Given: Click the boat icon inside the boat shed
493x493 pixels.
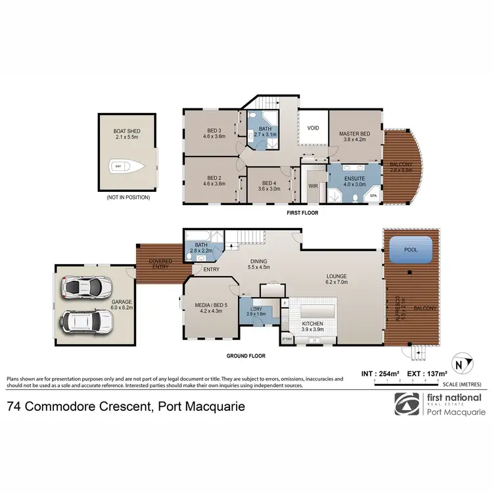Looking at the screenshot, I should (118, 166).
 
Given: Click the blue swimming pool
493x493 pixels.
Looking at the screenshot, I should (411, 248).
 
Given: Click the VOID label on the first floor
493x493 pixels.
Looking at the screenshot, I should (313, 128).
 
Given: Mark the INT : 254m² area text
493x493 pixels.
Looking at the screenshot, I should (381, 374).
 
